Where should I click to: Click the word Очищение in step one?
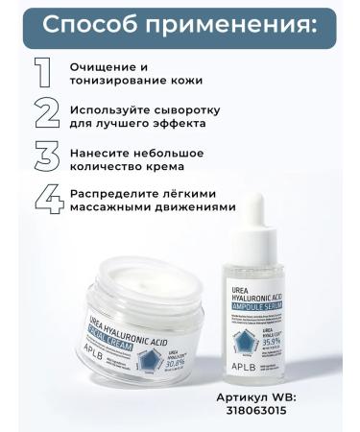pos(101,66)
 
